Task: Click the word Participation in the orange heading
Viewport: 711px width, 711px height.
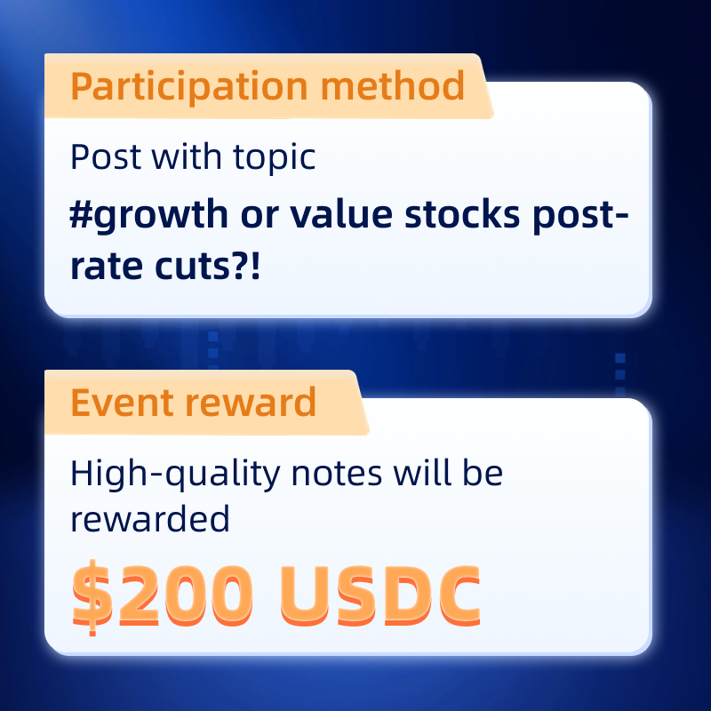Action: coord(189,87)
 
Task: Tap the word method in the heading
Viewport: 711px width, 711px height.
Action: coord(393,85)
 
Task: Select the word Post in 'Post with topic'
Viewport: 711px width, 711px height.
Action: coord(105,157)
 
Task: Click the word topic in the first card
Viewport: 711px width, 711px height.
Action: coord(275,158)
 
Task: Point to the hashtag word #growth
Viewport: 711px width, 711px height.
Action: coord(148,216)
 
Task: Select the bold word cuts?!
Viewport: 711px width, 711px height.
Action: coord(208,266)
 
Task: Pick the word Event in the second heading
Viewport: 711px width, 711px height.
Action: coord(123,403)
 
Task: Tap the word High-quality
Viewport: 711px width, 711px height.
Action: coord(175,475)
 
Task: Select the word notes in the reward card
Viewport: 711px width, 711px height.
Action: coord(337,475)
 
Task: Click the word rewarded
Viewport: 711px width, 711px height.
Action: coord(150,519)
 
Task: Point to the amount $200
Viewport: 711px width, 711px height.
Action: coord(162,595)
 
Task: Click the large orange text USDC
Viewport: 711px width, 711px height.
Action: coord(380,595)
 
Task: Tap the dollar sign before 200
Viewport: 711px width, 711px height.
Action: coord(92,597)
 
